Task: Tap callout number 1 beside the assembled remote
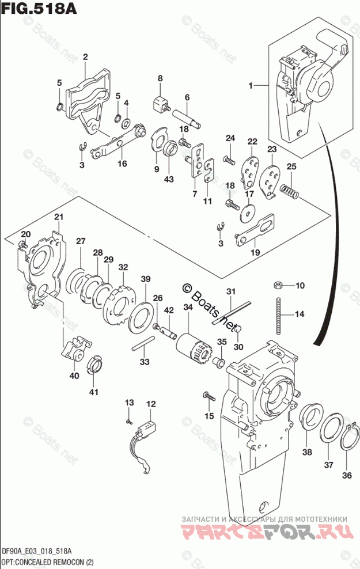[x=251, y=86]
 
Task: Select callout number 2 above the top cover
[x=85, y=56]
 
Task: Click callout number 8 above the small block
[x=160, y=78]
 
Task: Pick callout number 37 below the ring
[x=328, y=465]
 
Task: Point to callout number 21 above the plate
[x=58, y=217]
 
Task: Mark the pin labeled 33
[x=142, y=347]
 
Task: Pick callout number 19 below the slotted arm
[x=254, y=252]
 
